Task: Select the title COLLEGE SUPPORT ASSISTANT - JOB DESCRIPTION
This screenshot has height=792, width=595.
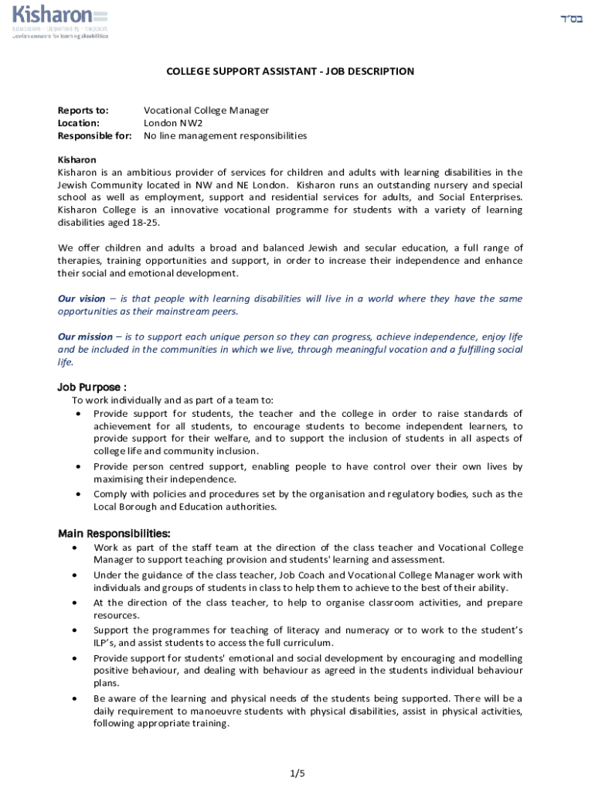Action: click(x=291, y=71)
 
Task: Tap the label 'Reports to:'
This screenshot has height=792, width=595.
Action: click(x=83, y=110)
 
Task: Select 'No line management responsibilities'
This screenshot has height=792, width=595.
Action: click(x=225, y=135)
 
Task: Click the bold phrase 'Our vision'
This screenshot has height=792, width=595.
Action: click(x=82, y=299)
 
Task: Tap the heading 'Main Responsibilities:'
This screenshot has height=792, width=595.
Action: click(x=114, y=534)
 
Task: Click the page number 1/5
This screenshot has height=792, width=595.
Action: click(x=297, y=773)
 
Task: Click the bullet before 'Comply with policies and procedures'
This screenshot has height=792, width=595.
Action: click(x=79, y=493)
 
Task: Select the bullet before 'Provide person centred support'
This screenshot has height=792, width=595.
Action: click(x=79, y=466)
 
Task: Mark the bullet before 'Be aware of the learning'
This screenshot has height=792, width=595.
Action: click(x=73, y=698)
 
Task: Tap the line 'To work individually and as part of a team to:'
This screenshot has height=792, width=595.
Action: click(x=172, y=400)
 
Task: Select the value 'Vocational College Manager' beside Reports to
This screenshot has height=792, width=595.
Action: click(x=206, y=110)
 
